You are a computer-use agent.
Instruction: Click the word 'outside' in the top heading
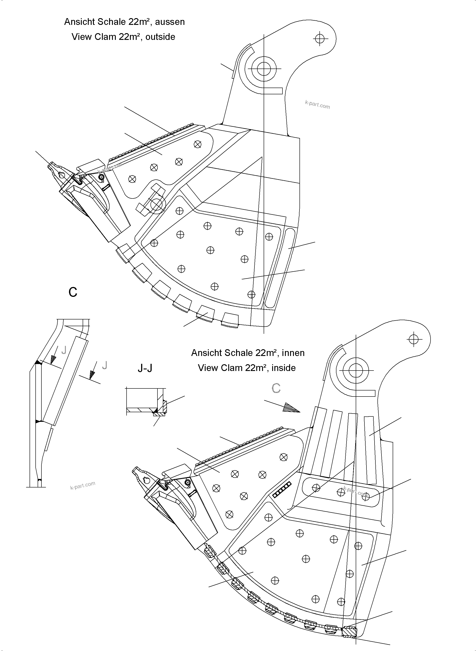click(x=160, y=37)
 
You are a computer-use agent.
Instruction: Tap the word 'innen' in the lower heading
click(x=293, y=353)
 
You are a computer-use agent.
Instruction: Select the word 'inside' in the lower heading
click(x=284, y=368)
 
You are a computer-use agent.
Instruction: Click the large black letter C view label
click(x=73, y=292)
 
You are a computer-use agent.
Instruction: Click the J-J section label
click(x=145, y=368)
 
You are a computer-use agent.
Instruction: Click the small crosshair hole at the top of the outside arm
click(x=320, y=38)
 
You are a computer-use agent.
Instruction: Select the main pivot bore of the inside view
click(x=355, y=370)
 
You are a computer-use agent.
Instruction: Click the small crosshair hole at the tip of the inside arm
click(x=414, y=339)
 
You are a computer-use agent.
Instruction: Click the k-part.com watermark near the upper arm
click(x=317, y=105)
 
